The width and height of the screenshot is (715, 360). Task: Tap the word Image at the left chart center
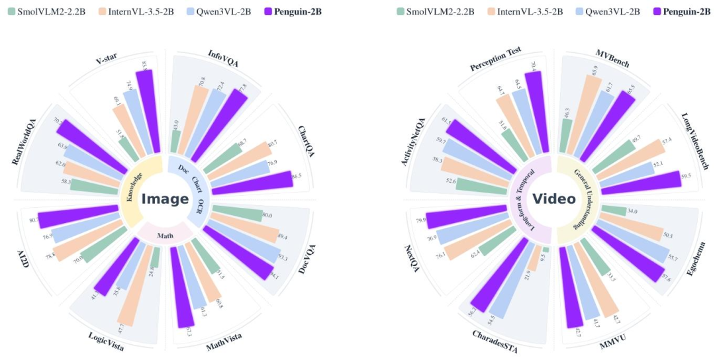165,199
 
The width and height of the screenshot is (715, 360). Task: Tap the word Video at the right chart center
554,199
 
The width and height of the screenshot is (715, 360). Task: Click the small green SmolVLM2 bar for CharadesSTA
546,249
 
